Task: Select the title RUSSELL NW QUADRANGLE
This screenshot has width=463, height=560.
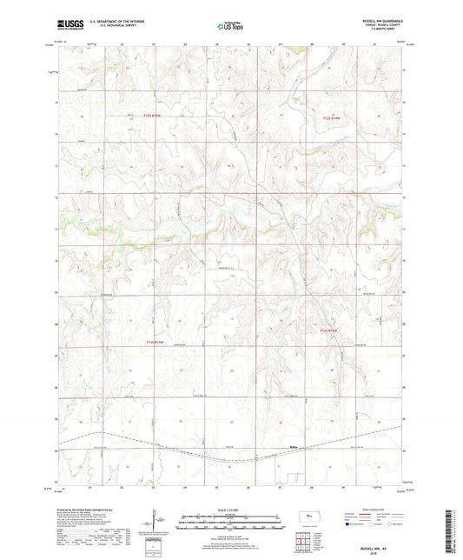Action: click(387, 23)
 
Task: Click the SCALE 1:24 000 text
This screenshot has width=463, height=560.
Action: click(231, 510)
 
